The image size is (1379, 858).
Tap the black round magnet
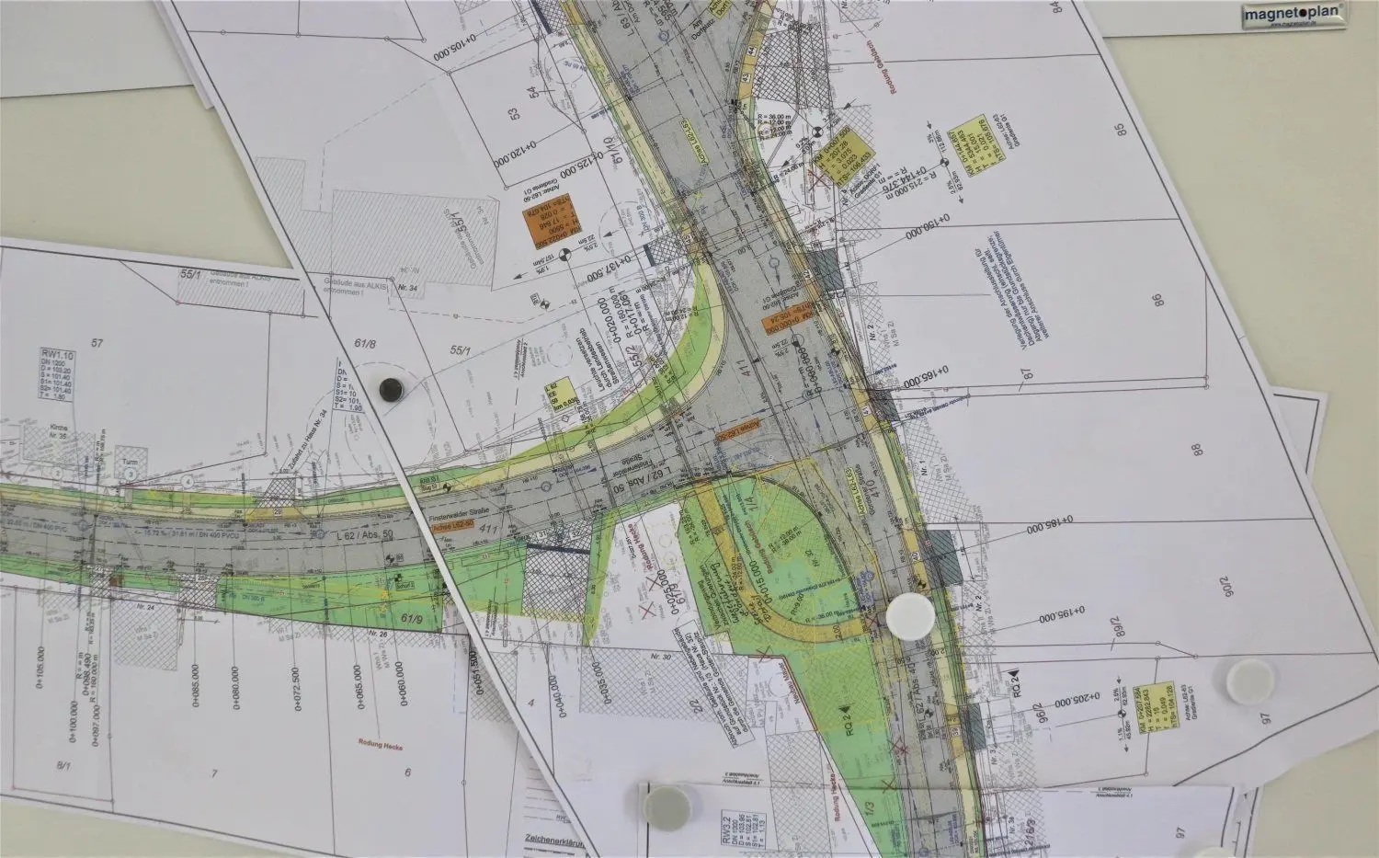(391, 389)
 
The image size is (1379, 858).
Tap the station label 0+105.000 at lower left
(40, 685)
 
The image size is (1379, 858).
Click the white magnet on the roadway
(909, 615)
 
